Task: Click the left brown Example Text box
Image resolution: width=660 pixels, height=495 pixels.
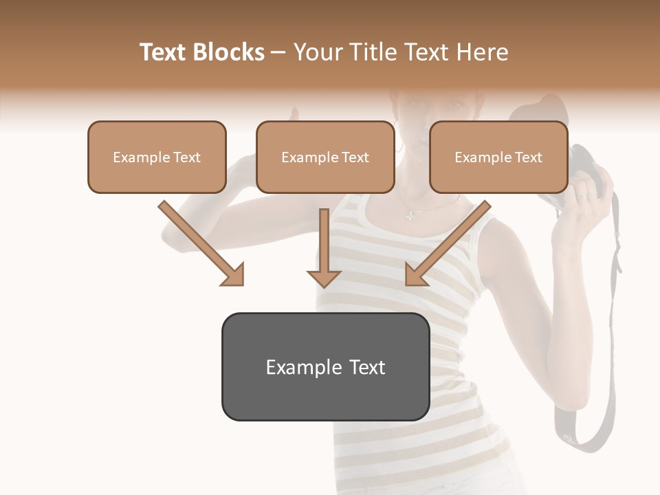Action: (157, 157)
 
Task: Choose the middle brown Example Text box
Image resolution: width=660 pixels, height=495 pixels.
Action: (325, 157)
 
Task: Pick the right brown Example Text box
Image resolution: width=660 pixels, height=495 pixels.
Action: (498, 157)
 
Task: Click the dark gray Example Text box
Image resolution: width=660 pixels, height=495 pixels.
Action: (325, 366)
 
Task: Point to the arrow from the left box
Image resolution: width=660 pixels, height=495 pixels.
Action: (201, 243)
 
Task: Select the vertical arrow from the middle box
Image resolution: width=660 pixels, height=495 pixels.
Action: (324, 247)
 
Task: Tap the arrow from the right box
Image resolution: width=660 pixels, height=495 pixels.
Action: (448, 243)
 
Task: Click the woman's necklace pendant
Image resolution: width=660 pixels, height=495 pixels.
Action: (409, 214)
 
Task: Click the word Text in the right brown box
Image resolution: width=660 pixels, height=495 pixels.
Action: (528, 157)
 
